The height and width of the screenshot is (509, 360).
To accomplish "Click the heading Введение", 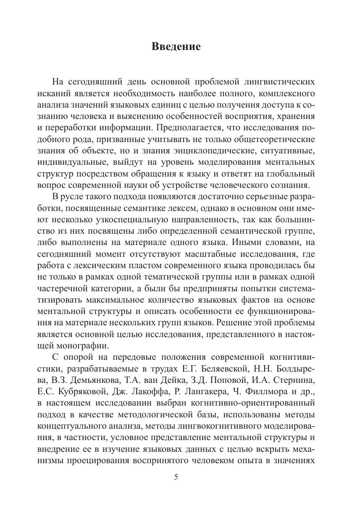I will click(176, 47).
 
